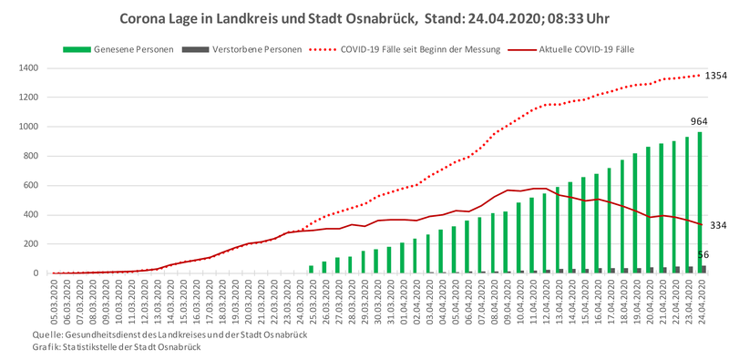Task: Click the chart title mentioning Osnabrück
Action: [x=364, y=18]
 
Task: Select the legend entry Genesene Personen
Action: [x=118, y=49]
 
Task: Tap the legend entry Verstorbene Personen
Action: [x=242, y=49]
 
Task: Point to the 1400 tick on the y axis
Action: [x=29, y=68]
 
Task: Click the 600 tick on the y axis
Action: [x=31, y=186]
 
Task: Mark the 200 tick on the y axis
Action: [x=31, y=244]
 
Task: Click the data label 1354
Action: [x=716, y=76]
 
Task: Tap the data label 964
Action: [x=699, y=121]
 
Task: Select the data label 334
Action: [x=718, y=226]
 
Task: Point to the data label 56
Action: [x=703, y=254]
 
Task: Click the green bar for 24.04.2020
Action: [x=699, y=203]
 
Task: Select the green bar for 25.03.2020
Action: [x=311, y=269]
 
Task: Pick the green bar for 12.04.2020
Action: [x=544, y=233]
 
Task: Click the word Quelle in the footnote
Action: [x=47, y=334]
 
